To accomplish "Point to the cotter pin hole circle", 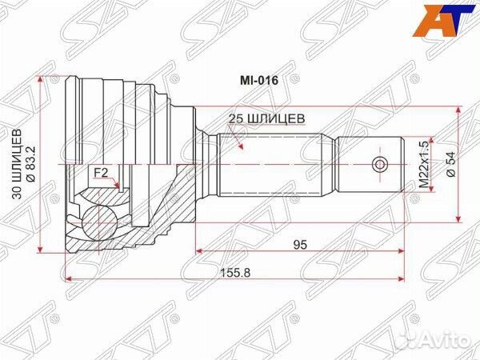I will (x=379, y=165).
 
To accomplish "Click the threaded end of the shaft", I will (x=368, y=165).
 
